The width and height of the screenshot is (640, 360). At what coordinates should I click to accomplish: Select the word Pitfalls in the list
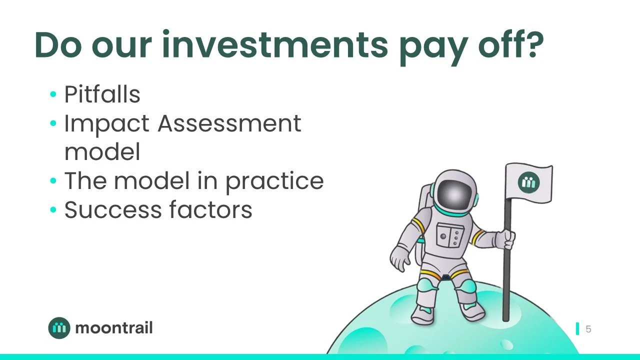pyautogui.click(x=102, y=94)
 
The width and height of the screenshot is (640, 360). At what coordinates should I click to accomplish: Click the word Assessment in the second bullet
pyautogui.click(x=229, y=123)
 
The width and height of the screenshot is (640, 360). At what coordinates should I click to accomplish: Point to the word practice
pyautogui.click(x=274, y=181)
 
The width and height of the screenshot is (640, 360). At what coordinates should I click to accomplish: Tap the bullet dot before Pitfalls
pyautogui.click(x=53, y=95)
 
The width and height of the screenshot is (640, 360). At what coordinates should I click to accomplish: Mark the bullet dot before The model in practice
pyautogui.click(x=53, y=181)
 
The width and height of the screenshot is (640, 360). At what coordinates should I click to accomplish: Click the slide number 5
pyautogui.click(x=588, y=329)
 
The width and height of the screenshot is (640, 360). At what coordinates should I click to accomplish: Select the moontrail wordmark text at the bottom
pyautogui.click(x=113, y=328)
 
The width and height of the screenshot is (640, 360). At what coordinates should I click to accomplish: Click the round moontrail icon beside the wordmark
pyautogui.click(x=59, y=328)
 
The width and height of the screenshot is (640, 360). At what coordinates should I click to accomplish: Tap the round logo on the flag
pyautogui.click(x=528, y=182)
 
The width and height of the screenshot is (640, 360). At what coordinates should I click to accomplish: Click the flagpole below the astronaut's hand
pyautogui.click(x=507, y=285)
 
